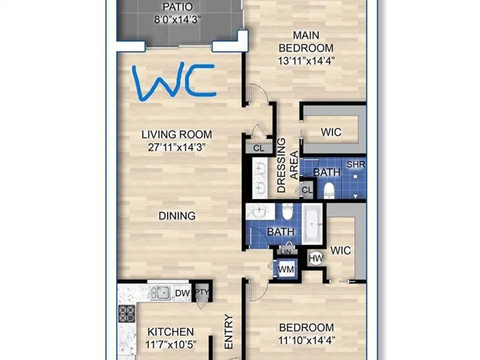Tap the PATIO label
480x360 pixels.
tap(178, 6)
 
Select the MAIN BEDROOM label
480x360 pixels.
tap(306, 42)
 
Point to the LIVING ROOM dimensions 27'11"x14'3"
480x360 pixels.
tap(176, 147)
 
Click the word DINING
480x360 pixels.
tap(177, 216)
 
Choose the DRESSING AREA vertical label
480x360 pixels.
tap(287, 166)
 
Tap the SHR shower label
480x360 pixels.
tap(356, 164)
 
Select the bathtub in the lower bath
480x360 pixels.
tap(312, 224)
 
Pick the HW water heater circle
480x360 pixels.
tap(316, 259)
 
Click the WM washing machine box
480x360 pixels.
tap(286, 269)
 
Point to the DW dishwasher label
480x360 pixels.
tap(182, 293)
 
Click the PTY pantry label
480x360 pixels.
tap(202, 292)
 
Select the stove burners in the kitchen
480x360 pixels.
tap(126, 314)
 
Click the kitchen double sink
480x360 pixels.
tap(160, 293)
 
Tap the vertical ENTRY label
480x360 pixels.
tap(228, 332)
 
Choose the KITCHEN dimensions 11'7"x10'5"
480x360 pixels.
tap(171, 345)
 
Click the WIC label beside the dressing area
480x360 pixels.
tap(331, 132)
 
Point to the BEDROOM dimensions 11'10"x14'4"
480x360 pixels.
tap(307, 340)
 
